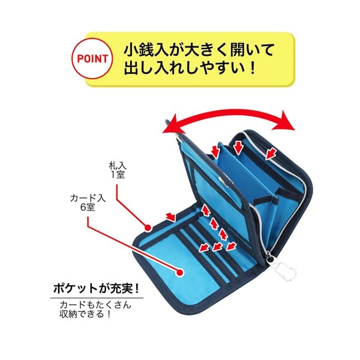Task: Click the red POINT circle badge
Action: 92,59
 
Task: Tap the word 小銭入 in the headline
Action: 146,50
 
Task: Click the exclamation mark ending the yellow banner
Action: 253,67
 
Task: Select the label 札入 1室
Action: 118,170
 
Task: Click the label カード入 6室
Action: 88,203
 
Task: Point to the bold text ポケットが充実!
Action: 96,288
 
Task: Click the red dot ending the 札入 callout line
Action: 148,228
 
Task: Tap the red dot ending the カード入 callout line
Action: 180,272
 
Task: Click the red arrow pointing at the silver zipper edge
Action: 271,154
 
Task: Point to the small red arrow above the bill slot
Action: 171,217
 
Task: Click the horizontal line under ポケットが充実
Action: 97,298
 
